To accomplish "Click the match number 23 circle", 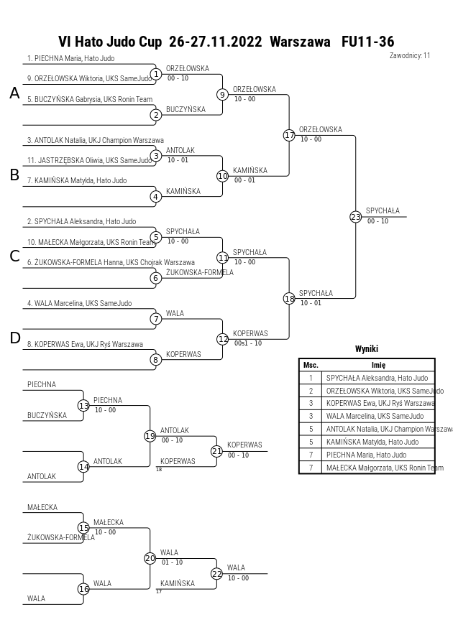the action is [x=355, y=217].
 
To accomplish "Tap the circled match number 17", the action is [x=289, y=135].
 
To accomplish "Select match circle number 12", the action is [x=223, y=339].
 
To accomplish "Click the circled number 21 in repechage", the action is [x=217, y=451].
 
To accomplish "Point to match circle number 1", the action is [x=155, y=74].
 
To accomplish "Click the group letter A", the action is [x=14, y=93].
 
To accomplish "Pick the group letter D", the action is [x=14, y=338].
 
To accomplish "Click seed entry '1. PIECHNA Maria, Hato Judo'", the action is [x=70, y=58].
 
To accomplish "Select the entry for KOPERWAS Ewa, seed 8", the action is [x=85, y=344].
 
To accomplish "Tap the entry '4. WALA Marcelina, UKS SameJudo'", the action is [x=80, y=303].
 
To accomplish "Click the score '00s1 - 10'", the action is [x=248, y=343].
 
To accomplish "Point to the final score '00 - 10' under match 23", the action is [x=377, y=221].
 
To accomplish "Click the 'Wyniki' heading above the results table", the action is [x=367, y=348].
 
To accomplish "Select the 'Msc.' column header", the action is [x=311, y=366].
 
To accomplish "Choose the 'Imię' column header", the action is [x=379, y=366].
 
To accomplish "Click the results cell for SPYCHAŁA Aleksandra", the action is [x=377, y=378].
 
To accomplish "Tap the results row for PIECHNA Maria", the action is [x=367, y=455].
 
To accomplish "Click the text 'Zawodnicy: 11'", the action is [x=410, y=55].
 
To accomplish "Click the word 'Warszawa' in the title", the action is [x=300, y=42].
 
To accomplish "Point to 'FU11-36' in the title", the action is [x=368, y=42].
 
